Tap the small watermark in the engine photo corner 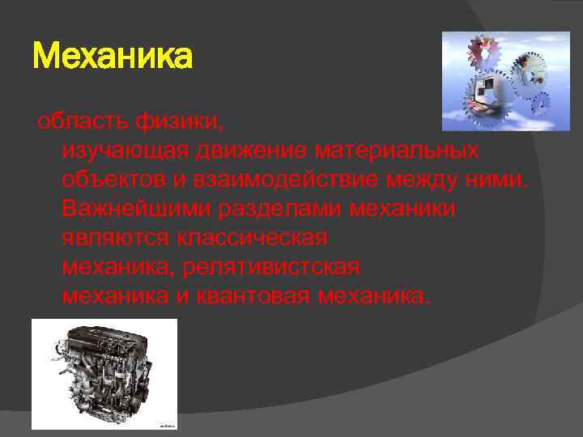coord(167,425)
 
